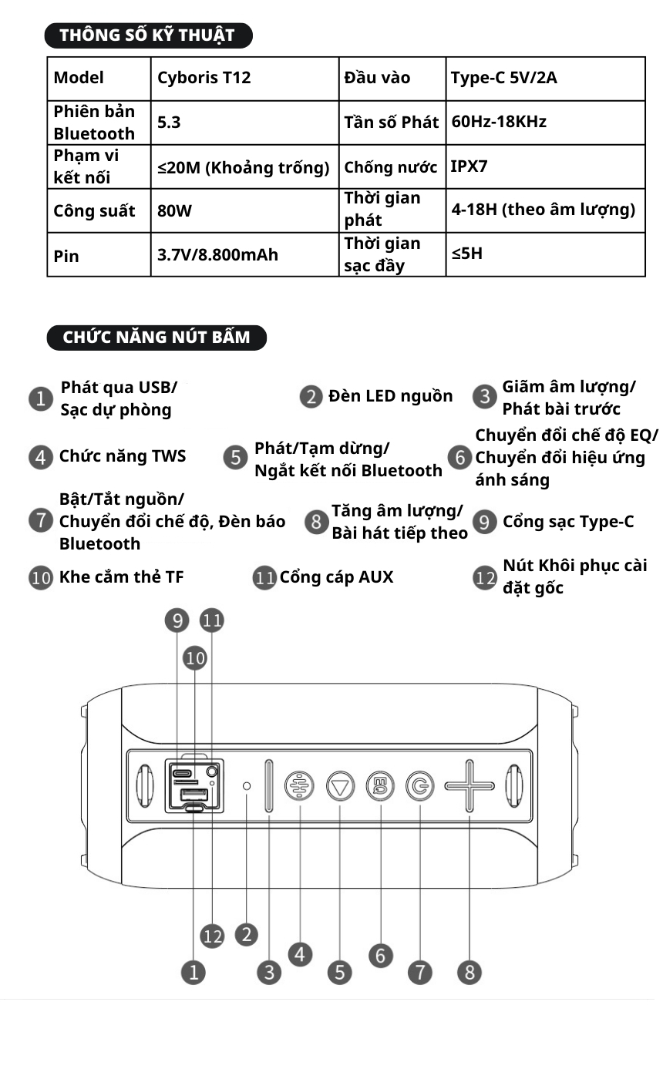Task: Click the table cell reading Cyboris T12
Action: [x=204, y=78]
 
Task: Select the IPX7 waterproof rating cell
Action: [x=469, y=166]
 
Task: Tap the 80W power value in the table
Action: [x=169, y=210]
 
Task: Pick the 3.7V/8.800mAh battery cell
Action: [x=217, y=254]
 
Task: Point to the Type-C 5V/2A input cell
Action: [x=503, y=78]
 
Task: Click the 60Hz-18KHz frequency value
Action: [x=499, y=122]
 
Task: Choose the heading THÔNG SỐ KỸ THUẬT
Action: [x=148, y=35]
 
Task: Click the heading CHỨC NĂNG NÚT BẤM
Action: [x=156, y=338]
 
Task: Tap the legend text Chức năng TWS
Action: [x=123, y=456]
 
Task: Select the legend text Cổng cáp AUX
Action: [x=336, y=577]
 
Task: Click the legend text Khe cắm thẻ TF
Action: [x=121, y=577]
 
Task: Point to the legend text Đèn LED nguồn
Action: [x=390, y=396]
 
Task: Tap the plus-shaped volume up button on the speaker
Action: [x=469, y=786]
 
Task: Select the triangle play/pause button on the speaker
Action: [x=339, y=786]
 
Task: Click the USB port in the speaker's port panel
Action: [x=194, y=795]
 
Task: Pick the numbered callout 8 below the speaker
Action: [x=469, y=973]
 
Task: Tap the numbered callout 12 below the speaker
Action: [x=212, y=936]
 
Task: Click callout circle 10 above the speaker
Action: [x=195, y=657]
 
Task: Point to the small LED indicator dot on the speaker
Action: [x=247, y=786]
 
